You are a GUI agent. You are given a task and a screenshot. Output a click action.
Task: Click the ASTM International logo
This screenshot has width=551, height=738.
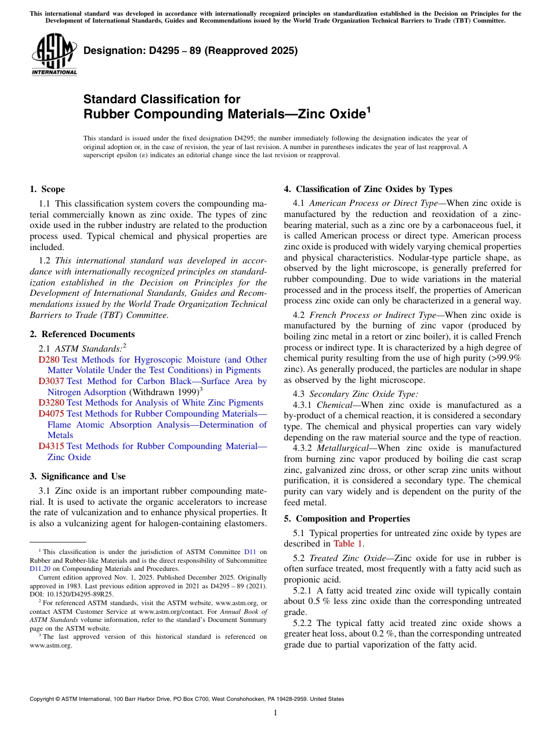click(x=54, y=55)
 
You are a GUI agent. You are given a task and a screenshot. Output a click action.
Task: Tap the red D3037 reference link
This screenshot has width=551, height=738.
click(x=51, y=381)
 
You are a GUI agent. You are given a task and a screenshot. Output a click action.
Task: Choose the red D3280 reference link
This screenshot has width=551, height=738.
click(x=51, y=403)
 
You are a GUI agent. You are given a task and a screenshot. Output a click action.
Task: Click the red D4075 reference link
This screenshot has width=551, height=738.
click(x=51, y=414)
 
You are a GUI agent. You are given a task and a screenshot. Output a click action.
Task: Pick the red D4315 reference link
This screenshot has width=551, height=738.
click(x=51, y=446)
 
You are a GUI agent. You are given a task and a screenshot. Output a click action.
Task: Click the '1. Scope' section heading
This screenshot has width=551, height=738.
click(x=47, y=189)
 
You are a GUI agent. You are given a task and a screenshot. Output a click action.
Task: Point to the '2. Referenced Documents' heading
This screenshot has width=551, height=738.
click(x=82, y=334)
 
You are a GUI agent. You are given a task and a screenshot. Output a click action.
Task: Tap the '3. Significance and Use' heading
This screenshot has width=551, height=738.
click(x=77, y=476)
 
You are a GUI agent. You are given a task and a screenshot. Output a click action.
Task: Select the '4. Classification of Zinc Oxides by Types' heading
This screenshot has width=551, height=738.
click(x=368, y=189)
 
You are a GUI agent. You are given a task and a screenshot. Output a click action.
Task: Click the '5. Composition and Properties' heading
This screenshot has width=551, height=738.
click(x=346, y=519)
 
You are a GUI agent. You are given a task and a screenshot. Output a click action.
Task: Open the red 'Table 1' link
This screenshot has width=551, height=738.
click(x=348, y=544)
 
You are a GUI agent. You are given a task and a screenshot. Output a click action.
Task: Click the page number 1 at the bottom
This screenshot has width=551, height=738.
click(x=275, y=712)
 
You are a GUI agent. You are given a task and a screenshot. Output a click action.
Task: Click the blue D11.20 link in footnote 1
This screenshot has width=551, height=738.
click(x=39, y=569)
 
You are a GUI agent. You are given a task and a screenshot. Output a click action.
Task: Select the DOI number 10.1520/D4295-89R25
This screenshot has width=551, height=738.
click(x=76, y=594)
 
